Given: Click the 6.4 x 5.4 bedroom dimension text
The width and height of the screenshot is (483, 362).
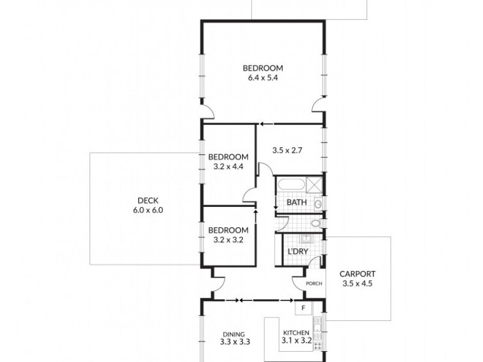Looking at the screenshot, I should coord(263,78).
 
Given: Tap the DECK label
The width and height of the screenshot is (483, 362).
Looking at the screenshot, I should coord(148,201).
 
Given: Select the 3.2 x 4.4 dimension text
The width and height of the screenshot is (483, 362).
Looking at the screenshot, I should coord(228,167).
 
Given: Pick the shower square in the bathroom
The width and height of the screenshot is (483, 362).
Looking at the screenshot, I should coord(313,184).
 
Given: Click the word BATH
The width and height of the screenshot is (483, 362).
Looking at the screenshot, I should coord(296,203).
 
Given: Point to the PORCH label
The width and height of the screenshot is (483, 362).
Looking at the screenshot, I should coord(314,284).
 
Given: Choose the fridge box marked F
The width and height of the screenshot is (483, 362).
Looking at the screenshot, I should coord(304,308).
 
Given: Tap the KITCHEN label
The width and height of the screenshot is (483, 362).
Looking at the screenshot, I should coord(296,332).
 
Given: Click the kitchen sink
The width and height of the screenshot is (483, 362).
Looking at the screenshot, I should coord(318,329).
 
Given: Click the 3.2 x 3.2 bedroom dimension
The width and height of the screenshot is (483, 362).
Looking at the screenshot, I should coord(228,240).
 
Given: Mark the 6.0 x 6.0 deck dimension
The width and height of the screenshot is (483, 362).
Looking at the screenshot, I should coord(148,211).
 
